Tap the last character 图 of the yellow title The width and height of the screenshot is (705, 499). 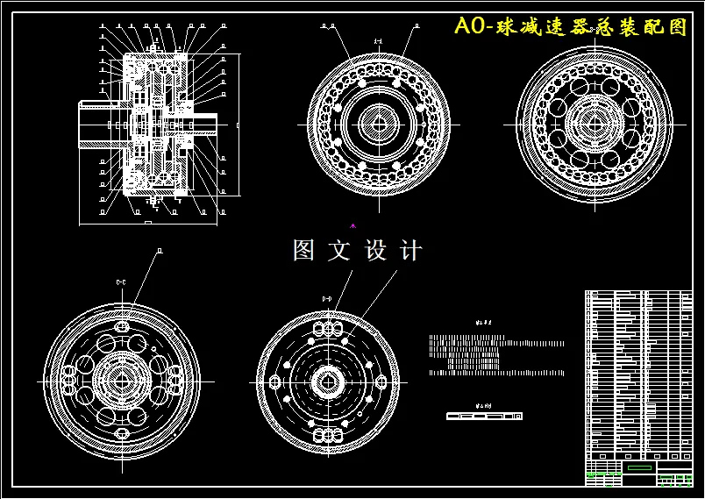coord(677,26)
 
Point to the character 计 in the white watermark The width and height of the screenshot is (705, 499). coord(410,251)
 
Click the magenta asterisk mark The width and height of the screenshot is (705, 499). coord(352,226)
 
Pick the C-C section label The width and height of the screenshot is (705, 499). coord(121,282)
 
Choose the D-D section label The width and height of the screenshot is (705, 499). coord(327,299)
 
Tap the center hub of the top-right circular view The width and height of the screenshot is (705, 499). coord(595,120)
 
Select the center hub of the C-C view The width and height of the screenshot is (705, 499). coord(123,381)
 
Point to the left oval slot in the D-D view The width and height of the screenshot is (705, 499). coord(275,382)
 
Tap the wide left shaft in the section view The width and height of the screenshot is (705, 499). coord(96,125)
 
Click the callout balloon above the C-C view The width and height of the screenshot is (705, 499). coord(159,251)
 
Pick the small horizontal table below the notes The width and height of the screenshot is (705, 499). coord(484,416)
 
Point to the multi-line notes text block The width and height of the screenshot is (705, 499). coord(491,354)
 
